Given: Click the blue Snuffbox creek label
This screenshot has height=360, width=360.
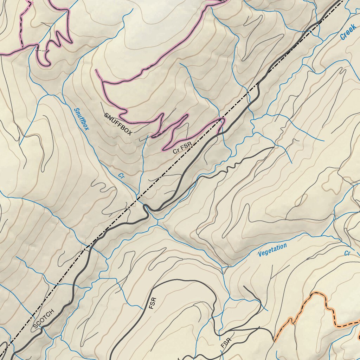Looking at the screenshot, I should (x=81, y=119).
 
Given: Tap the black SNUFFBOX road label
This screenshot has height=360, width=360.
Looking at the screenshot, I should (x=118, y=124).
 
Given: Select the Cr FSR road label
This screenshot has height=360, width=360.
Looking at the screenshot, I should (x=182, y=148).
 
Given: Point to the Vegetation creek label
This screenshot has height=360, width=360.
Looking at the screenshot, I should (x=272, y=250).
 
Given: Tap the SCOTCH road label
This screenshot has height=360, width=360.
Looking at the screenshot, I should (x=44, y=319).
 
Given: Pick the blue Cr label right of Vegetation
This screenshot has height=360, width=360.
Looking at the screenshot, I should (x=347, y=253).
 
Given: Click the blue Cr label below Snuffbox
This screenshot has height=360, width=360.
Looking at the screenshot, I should (x=121, y=176).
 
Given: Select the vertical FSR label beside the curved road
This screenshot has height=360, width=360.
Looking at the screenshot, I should (x=152, y=303).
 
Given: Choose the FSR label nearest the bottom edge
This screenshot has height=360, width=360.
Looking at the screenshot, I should (x=227, y=343).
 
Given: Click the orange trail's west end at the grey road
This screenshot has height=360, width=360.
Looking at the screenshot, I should (x=274, y=340).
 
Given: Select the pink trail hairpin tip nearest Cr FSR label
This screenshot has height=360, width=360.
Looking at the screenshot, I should (x=164, y=149).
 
